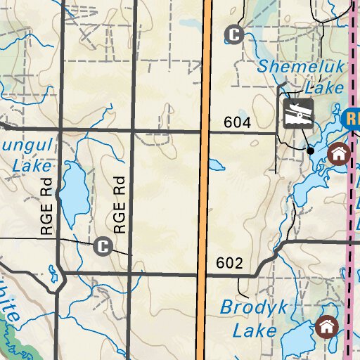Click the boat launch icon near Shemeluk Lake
[x=298, y=113]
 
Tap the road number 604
[x=238, y=122]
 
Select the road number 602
[x=229, y=264]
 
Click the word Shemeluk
[x=300, y=68]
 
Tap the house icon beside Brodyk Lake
[x=326, y=326]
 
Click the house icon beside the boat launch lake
[x=340, y=153]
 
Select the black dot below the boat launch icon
[x=310, y=150]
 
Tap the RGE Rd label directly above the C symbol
[x=120, y=204]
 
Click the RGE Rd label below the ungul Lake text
[x=47, y=209]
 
